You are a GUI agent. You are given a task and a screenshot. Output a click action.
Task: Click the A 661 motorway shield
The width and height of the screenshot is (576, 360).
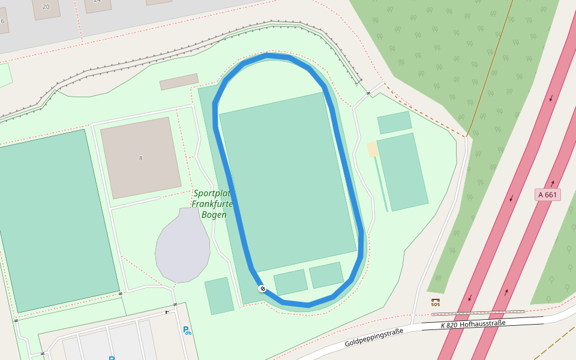[x=547, y=194]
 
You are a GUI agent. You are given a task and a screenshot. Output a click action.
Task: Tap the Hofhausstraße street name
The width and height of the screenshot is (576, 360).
[x=482, y=323]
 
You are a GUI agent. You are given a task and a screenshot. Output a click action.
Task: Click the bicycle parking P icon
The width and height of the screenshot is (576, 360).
[x=187, y=330]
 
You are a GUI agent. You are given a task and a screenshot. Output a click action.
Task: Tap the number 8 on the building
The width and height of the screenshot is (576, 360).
[x=141, y=158]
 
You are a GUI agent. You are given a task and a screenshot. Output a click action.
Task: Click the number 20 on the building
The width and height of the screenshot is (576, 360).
[x=46, y=7]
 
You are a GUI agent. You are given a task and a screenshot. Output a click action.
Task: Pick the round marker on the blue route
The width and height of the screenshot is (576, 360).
[x=262, y=289]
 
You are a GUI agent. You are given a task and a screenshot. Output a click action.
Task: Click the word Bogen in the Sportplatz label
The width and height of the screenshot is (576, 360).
[x=214, y=215]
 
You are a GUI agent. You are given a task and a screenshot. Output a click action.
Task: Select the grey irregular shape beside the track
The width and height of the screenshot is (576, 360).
[x=182, y=246]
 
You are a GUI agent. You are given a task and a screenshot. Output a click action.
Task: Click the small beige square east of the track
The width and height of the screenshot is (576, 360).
[x=373, y=149]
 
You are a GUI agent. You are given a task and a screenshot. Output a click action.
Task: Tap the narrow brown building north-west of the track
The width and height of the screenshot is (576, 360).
[x=179, y=82]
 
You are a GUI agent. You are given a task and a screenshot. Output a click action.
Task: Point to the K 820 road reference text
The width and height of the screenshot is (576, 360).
[x=448, y=325]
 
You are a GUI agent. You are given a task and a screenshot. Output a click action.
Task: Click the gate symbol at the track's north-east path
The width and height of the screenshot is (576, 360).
[x=368, y=93]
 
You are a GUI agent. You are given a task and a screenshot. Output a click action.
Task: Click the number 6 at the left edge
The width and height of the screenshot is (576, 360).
[x=2, y=21]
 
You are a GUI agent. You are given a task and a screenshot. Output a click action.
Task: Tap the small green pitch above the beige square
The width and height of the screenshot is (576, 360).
[x=394, y=122]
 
